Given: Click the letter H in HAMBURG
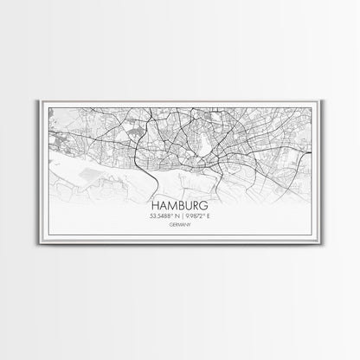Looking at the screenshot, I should click(x=154, y=206).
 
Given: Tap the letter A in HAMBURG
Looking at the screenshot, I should click(x=162, y=206).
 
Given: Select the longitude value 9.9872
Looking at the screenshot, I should click(x=196, y=218).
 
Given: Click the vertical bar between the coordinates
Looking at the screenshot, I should click(x=180, y=218).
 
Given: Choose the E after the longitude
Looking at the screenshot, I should click(x=209, y=218).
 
